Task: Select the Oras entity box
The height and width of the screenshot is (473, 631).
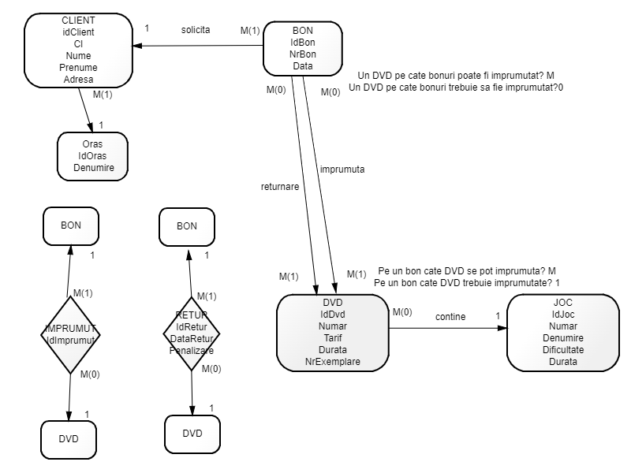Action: [x=92, y=156]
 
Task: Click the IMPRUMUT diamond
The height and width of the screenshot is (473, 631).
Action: [x=70, y=333]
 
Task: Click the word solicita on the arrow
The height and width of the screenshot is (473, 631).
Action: [x=196, y=29]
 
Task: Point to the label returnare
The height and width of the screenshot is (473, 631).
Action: [x=280, y=187]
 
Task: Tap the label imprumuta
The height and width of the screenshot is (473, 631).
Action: [x=342, y=169]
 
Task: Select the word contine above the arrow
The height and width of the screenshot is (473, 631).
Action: [x=450, y=317]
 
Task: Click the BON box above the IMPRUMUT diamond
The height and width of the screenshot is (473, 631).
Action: [x=70, y=225]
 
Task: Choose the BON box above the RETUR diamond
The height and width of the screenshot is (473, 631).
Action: [x=186, y=225]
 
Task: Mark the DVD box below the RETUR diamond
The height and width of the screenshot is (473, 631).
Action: [x=192, y=433]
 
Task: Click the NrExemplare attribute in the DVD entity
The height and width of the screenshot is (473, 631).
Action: [x=332, y=362]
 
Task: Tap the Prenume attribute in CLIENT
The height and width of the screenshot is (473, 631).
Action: [x=77, y=68]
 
